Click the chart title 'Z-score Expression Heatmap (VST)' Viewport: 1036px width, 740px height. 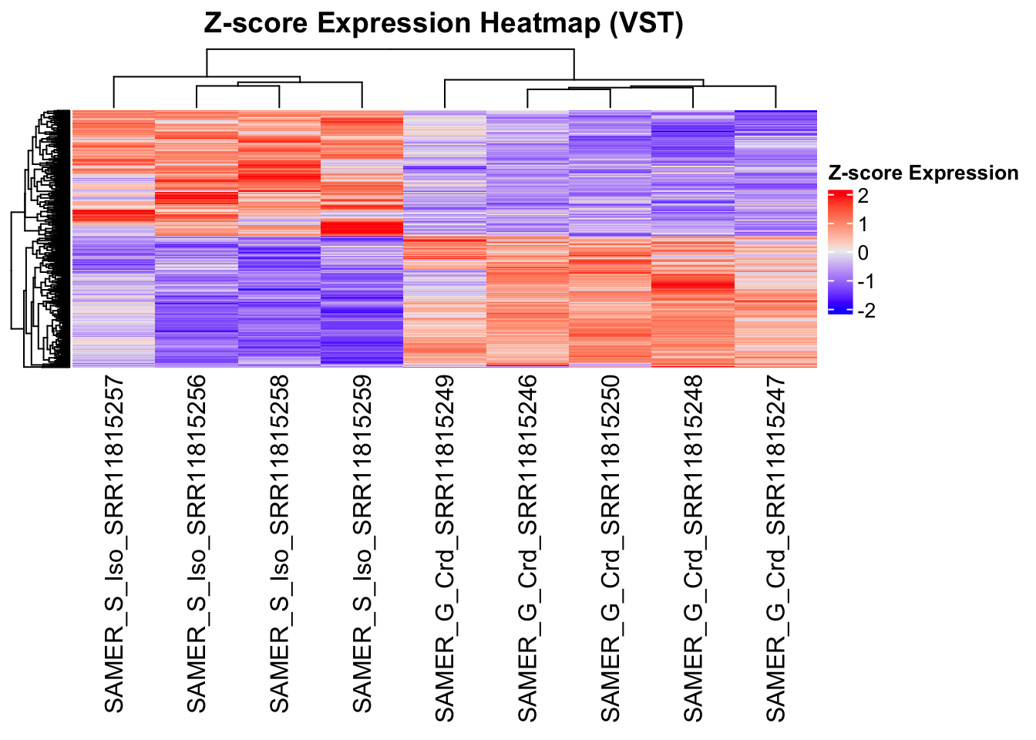[x=443, y=23]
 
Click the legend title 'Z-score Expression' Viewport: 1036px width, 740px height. [x=923, y=173]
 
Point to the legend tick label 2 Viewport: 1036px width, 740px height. [x=863, y=196]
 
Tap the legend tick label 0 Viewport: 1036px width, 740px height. [x=863, y=253]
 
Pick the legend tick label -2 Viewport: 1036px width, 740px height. [x=866, y=310]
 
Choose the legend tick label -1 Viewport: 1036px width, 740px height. [x=866, y=281]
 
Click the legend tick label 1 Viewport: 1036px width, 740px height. [x=863, y=224]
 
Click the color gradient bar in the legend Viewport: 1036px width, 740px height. [x=839, y=252]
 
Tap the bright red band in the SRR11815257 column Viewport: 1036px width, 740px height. [x=113, y=215]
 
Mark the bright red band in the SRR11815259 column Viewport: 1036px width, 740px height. [x=362, y=229]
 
